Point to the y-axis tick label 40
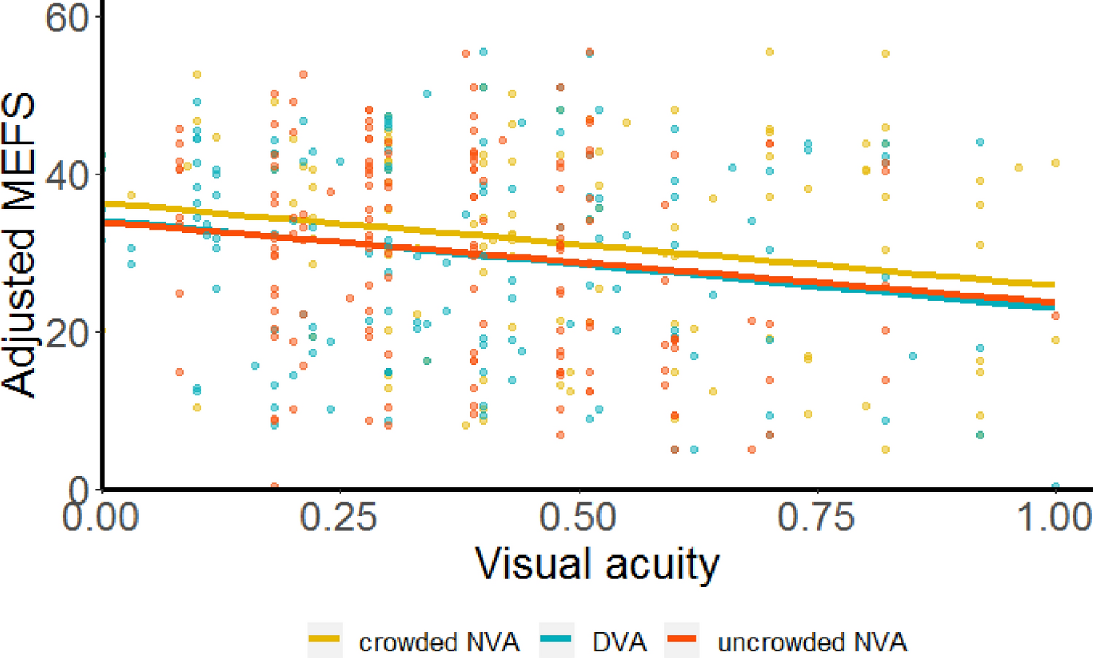[67, 175]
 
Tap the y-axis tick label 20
[67, 332]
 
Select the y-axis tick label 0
[79, 489]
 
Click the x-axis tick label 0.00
[101, 517]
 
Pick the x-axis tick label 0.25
[340, 517]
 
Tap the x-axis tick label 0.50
[578, 517]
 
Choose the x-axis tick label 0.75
[817, 517]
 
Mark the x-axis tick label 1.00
[1054, 517]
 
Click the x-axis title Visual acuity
[597, 564]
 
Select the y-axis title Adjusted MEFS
[19, 245]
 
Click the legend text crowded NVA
[439, 643]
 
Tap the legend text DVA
[619, 643]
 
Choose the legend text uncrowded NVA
[812, 643]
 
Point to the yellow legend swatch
[324, 640]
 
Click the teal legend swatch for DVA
[556, 640]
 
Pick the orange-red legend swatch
[682, 640]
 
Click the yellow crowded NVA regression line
[583, 246]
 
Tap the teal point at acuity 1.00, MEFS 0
[1055, 487]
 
